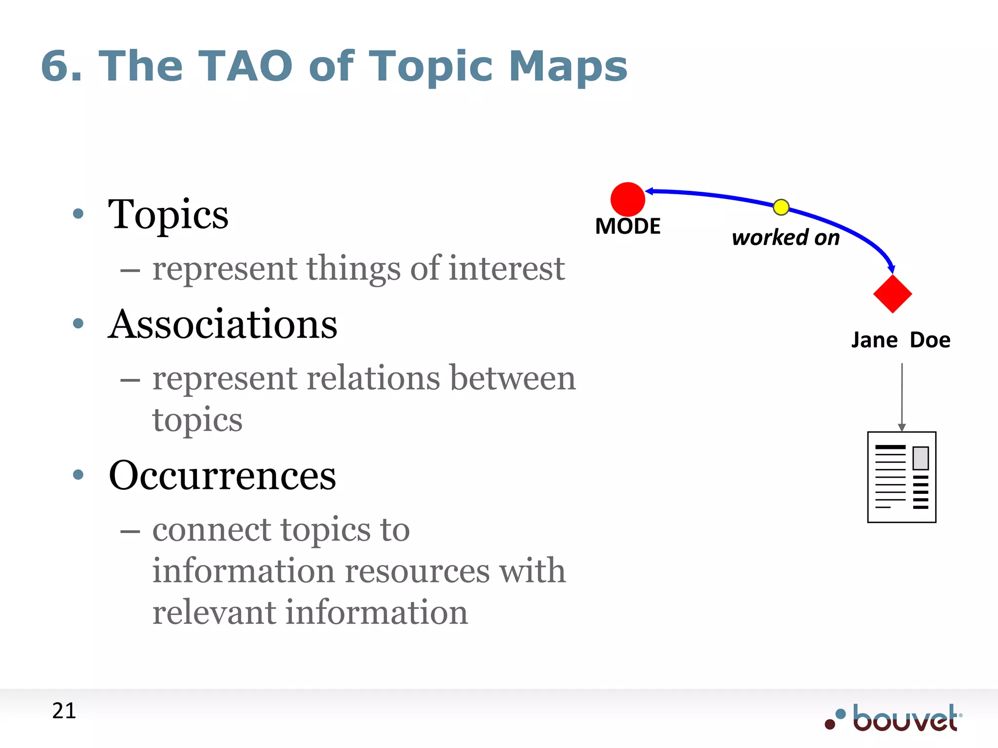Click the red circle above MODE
628,199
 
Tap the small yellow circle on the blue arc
781,207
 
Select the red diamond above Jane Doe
892,294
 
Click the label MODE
628,226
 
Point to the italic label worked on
786,238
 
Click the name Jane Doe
901,340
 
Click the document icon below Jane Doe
902,477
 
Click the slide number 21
64,711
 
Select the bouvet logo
894,718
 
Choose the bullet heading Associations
223,324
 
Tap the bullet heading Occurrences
222,475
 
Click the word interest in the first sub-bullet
506,268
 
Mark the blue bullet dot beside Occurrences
78,474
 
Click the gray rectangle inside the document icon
921,458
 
